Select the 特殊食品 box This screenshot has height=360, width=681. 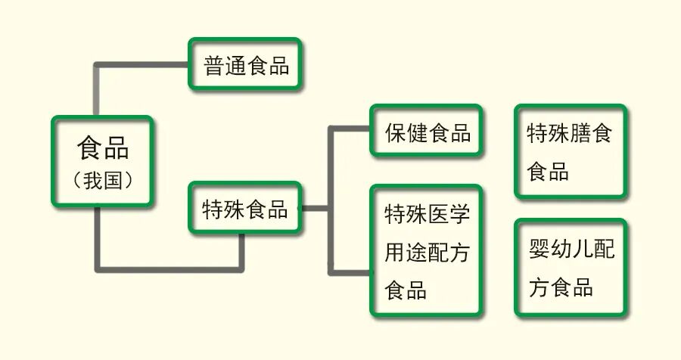tap(244, 208)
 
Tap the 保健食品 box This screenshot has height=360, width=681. tap(427, 133)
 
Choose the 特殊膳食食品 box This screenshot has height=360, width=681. tap(570, 152)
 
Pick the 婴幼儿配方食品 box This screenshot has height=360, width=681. tap(570, 268)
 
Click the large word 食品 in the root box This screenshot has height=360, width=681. tap(103, 147)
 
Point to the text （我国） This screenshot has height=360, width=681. tap(103, 181)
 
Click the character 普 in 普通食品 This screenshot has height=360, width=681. tap(214, 65)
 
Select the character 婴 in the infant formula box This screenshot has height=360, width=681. tap(540, 249)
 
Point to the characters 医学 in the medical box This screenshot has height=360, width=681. tap(450, 213)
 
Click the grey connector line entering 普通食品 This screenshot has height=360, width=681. tap(144, 66)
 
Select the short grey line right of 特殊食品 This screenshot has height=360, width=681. tap(314, 207)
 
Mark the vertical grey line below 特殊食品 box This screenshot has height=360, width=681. tap(242, 250)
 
